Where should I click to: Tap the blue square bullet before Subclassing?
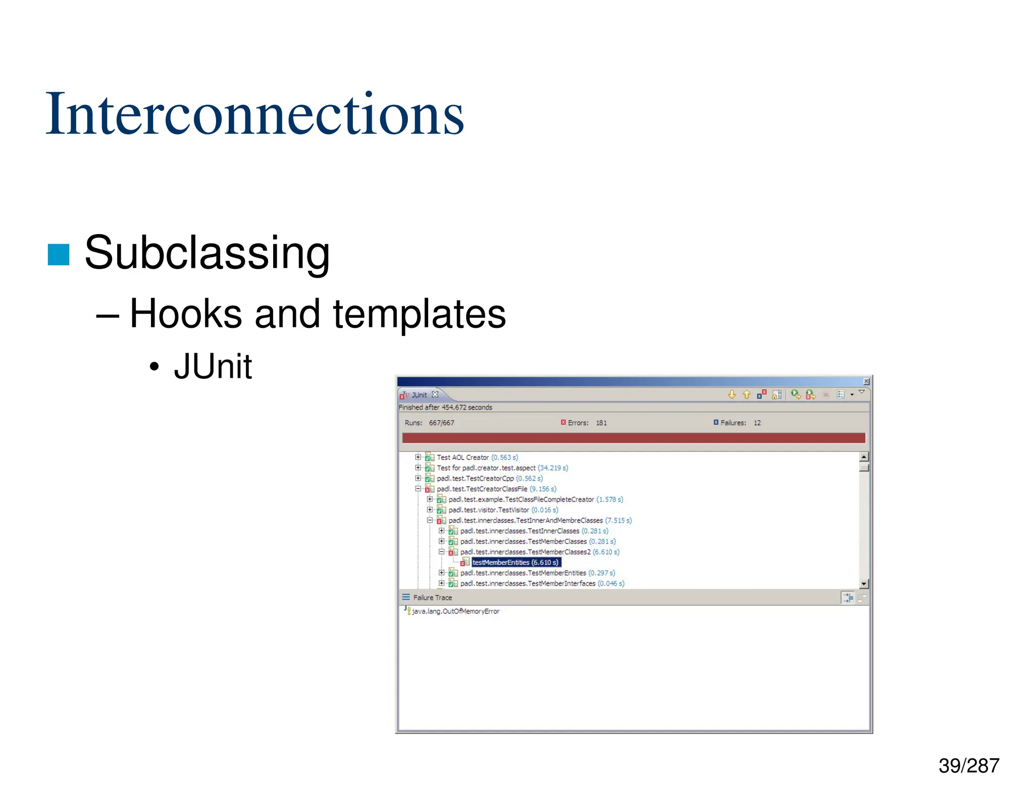tap(58, 254)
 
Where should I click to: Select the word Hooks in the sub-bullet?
tap(185, 314)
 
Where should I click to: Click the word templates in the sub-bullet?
tap(419, 314)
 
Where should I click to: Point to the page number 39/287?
tap(968, 766)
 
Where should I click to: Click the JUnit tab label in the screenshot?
tap(419, 395)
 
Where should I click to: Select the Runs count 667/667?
tap(441, 423)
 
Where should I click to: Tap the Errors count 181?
tap(601, 423)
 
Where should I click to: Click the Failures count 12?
tap(757, 423)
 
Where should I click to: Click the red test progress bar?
tap(633, 437)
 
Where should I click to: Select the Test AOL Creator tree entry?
tap(462, 458)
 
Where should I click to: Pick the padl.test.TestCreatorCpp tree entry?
tap(475, 479)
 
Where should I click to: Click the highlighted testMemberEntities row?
tap(515, 562)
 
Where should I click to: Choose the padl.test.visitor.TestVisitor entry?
tap(488, 510)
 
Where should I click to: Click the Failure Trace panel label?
tap(432, 598)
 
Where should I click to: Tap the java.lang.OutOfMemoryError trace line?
tap(455, 611)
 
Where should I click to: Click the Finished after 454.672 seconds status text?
tap(445, 408)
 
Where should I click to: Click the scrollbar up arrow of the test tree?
tap(864, 457)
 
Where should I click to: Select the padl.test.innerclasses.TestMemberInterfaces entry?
tap(528, 584)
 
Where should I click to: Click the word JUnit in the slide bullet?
tap(213, 366)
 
